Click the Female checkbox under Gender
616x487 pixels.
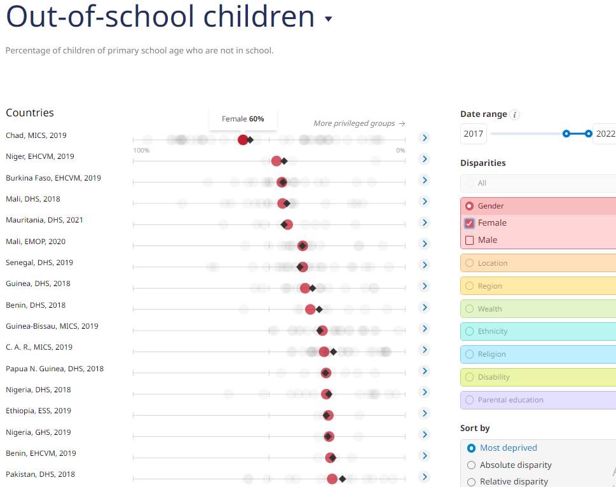coord(470,223)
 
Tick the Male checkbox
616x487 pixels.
coord(470,240)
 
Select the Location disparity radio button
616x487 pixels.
coord(470,263)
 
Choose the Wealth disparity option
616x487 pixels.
coord(470,309)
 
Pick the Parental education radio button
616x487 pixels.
coord(470,400)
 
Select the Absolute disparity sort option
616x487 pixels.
coord(471,465)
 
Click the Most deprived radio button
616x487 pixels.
coord(471,448)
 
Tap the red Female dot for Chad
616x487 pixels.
coord(243,140)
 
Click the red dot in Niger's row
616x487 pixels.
coord(277,161)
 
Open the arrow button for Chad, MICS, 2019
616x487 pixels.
coord(425,137)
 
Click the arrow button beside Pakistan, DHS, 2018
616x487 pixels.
coord(425,477)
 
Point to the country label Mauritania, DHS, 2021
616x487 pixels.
coord(44,220)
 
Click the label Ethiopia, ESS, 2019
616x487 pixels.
coord(39,411)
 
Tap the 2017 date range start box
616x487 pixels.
coord(474,134)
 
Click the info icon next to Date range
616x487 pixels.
coord(515,115)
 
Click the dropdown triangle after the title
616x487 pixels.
coord(329,19)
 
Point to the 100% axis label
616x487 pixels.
coord(141,151)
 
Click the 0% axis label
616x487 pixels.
coord(400,151)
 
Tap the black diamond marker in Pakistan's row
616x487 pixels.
coord(342,479)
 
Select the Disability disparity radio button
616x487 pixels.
coord(470,377)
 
